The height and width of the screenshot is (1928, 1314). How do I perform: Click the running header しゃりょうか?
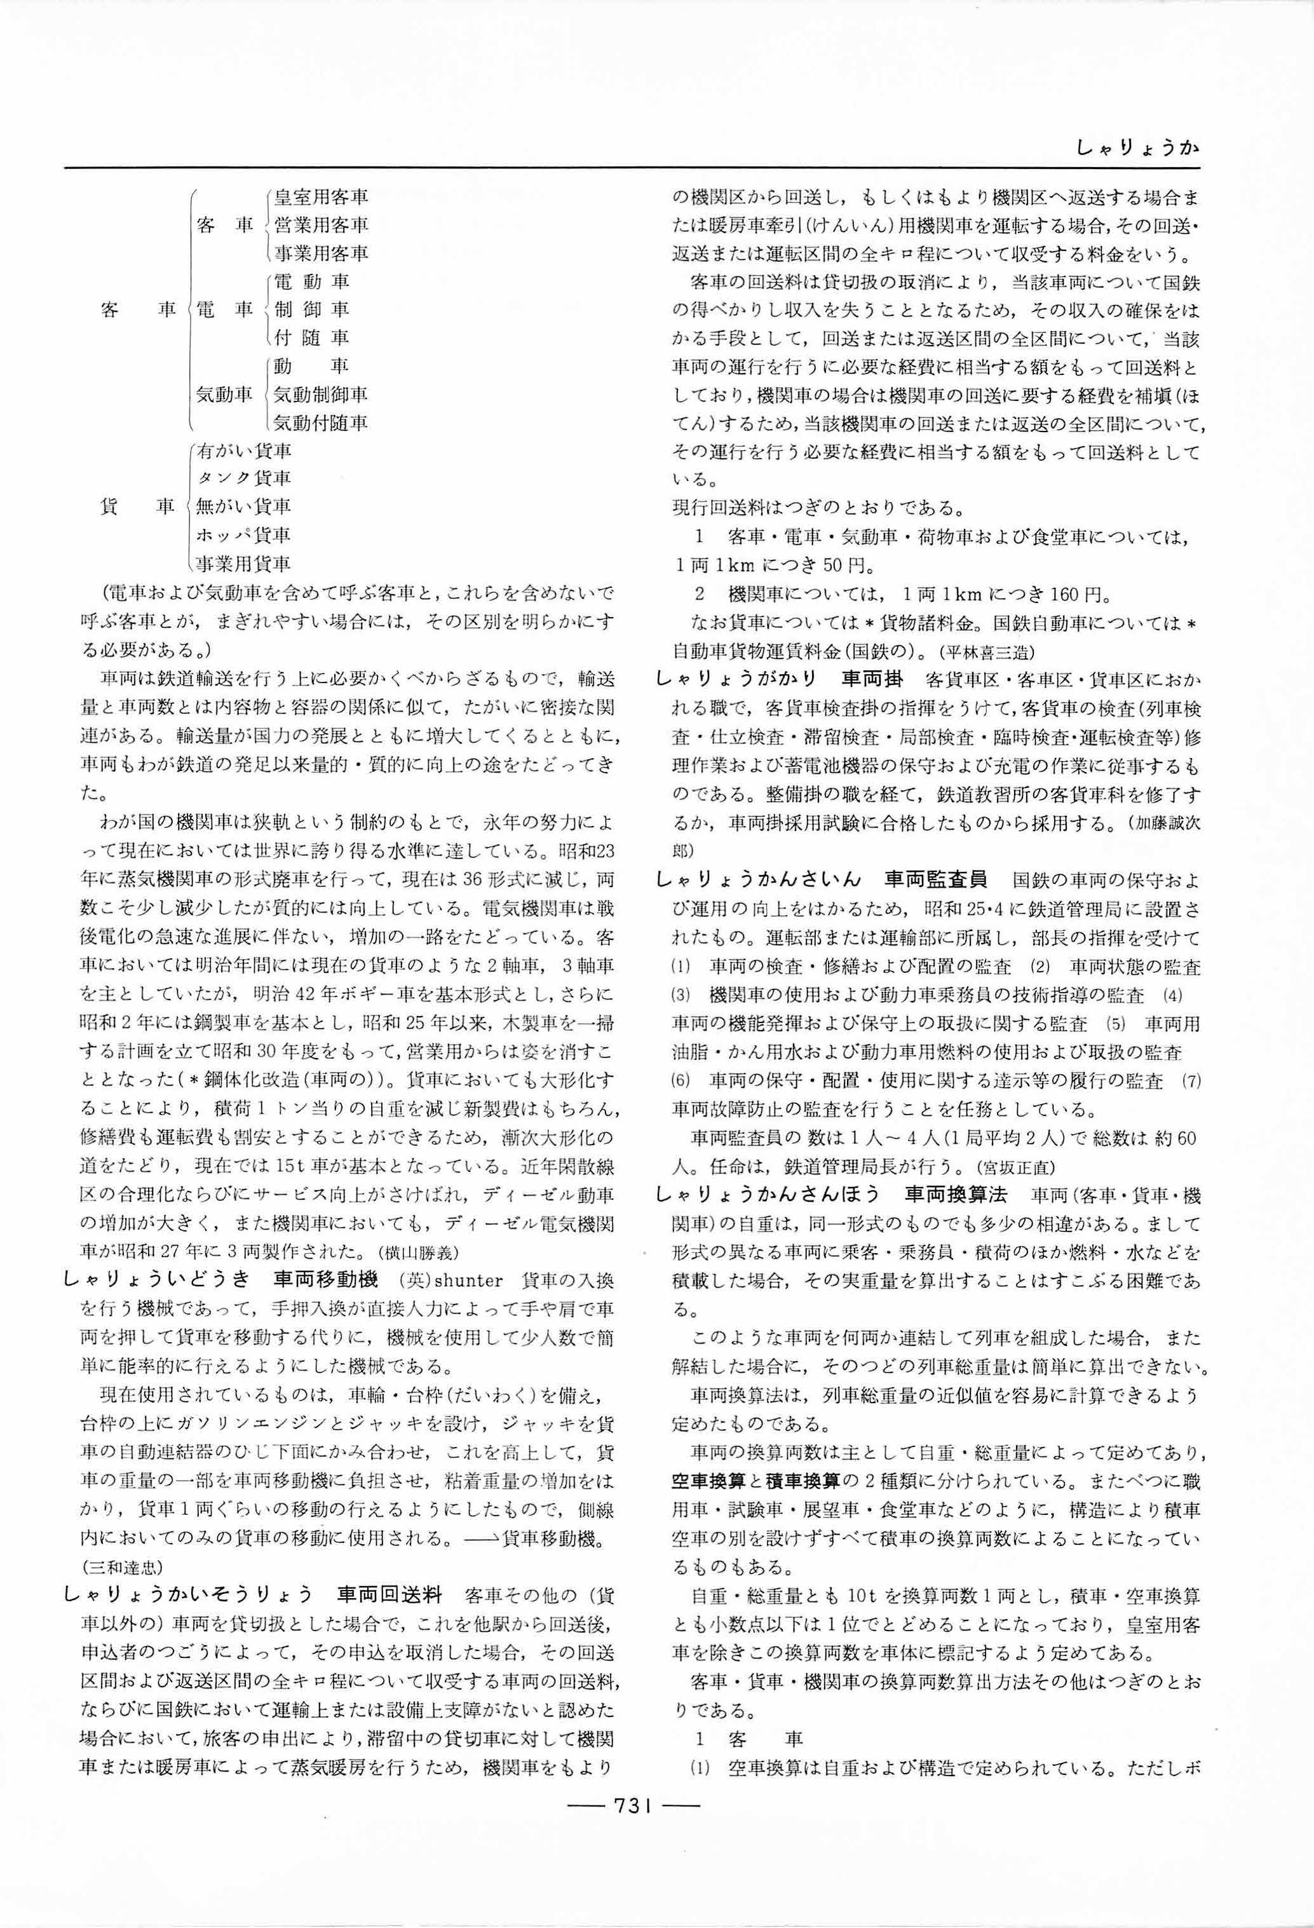pyautogui.click(x=1137, y=149)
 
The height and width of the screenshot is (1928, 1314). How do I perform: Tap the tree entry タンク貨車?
pyautogui.click(x=243, y=478)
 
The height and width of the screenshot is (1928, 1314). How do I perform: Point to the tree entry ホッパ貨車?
pyautogui.click(x=243, y=534)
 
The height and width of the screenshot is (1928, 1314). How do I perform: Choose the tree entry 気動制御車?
pyautogui.click(x=321, y=394)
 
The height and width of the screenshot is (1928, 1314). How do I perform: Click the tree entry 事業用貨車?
pyautogui.click(x=243, y=563)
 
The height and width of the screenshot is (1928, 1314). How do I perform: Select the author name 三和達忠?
pyautogui.click(x=123, y=1567)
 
